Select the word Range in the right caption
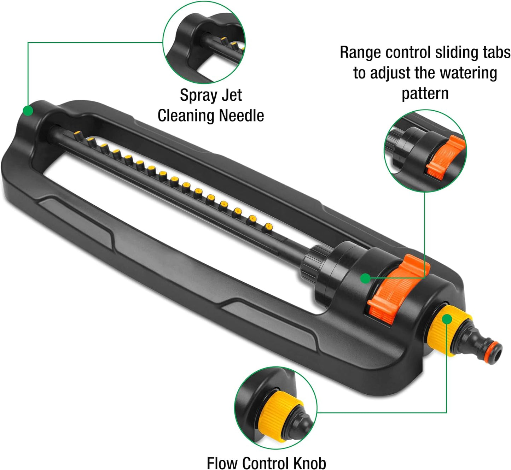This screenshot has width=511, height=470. pos(361,53)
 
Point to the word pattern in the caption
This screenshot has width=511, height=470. pos(425,94)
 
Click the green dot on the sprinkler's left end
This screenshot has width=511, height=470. pos(28,111)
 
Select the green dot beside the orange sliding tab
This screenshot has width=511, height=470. pos(365,278)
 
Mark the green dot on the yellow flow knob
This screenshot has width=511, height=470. pos(447,319)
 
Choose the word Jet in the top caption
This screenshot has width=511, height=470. pos(232,95)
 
